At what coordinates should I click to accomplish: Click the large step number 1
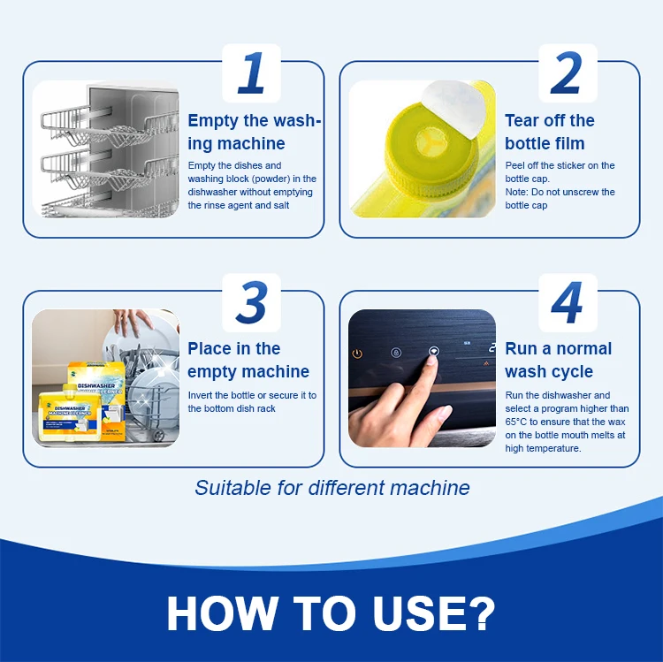point(252,72)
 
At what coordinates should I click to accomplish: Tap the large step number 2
point(567,72)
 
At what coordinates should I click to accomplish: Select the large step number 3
point(253,302)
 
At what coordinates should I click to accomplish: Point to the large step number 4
point(567,302)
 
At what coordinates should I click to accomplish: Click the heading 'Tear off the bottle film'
point(550,132)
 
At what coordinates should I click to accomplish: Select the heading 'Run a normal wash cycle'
point(558,361)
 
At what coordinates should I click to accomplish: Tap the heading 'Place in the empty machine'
point(248,361)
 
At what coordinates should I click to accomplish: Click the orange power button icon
point(357,354)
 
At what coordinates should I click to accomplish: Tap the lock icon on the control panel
point(396,353)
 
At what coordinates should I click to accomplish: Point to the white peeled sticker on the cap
point(453,109)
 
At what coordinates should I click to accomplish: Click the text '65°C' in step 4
point(516,422)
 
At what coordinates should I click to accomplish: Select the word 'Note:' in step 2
point(517,192)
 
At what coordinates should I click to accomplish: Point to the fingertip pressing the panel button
point(432,360)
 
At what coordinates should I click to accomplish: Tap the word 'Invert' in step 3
point(201,395)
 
